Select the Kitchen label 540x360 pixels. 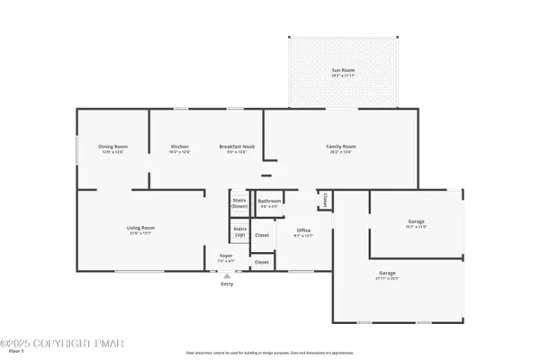[180, 147]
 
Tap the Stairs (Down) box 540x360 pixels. [239, 203]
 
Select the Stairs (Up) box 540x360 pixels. [239, 231]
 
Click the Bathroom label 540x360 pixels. [269, 201]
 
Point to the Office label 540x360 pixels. [304, 230]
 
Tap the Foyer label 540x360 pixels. [227, 256]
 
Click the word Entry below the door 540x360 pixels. [227, 283]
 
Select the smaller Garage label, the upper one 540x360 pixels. [416, 221]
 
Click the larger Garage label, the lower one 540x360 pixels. [386, 273]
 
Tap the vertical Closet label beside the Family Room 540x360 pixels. [324, 199]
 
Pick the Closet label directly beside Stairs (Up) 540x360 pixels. [262, 235]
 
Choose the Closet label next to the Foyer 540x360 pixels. [261, 262]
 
